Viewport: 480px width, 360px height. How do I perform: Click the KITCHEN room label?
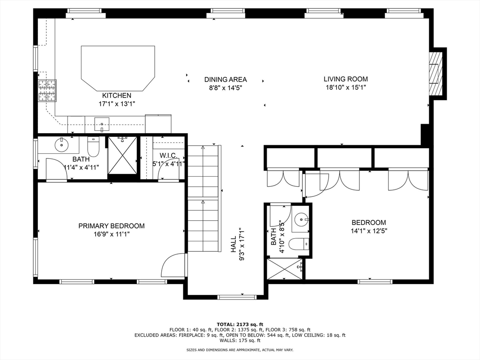117,96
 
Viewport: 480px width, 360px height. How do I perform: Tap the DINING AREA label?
225,80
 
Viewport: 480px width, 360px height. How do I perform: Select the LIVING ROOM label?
346,79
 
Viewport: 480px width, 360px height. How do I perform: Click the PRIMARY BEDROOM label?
112,226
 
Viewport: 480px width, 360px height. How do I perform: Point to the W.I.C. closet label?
168,156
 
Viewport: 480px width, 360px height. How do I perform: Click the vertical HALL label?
233,244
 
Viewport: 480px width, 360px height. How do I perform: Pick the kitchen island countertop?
118,68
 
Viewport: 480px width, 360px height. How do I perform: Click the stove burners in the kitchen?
47,90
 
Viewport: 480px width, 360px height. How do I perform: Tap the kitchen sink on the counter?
102,124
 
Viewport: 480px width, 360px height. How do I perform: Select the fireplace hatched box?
435,74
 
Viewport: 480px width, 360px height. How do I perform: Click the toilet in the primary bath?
93,146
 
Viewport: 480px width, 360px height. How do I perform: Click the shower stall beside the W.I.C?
122,156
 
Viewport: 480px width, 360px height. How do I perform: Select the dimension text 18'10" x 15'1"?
346,88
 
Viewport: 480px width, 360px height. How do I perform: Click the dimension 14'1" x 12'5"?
369,231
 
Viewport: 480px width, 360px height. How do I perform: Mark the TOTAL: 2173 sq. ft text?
240,324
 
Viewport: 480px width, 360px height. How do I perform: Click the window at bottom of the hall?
237,297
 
